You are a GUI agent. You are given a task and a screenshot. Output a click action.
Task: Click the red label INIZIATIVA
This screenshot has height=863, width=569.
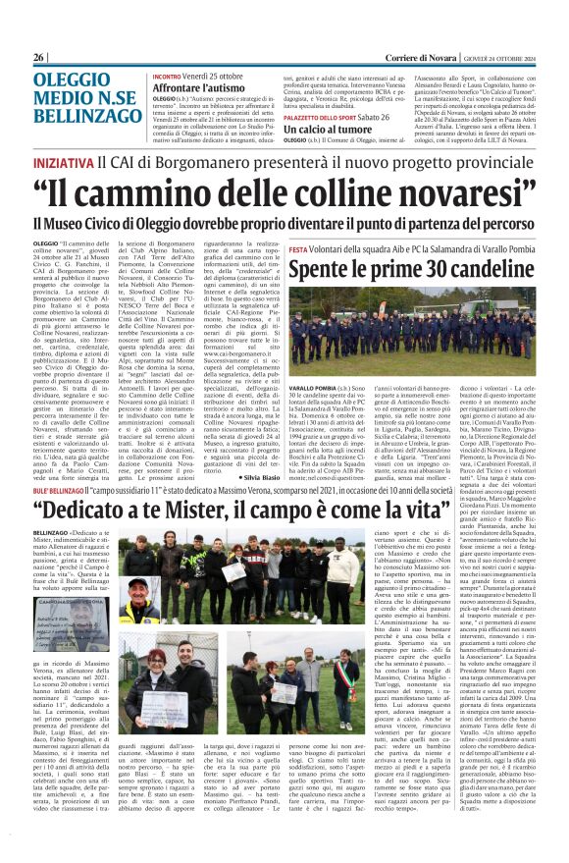pos(64,159)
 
